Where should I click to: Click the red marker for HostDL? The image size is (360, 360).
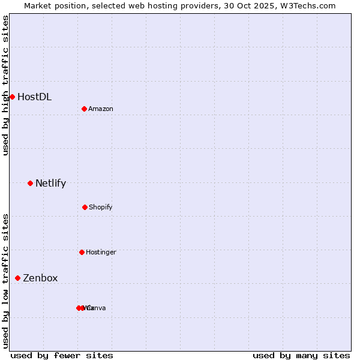click(x=12, y=97)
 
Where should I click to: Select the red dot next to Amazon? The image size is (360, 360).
click(x=84, y=109)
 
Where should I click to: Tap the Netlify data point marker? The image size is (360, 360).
click(x=30, y=183)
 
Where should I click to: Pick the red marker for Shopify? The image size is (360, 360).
click(x=85, y=207)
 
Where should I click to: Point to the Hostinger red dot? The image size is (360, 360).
click(x=82, y=252)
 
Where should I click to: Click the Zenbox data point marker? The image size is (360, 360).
click(x=18, y=278)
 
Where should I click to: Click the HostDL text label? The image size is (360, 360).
click(x=34, y=97)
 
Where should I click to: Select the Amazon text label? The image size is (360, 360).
click(x=101, y=109)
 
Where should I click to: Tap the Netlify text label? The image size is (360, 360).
click(x=50, y=183)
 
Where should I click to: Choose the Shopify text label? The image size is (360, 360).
click(x=101, y=207)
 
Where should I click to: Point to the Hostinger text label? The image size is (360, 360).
click(x=101, y=252)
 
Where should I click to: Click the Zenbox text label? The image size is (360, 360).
click(x=40, y=278)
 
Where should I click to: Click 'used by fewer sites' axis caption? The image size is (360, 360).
click(x=62, y=355)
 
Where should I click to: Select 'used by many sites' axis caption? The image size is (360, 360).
click(x=301, y=355)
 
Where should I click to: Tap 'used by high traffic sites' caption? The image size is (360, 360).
click(x=5, y=85)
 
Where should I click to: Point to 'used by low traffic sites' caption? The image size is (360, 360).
click(x=5, y=281)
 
